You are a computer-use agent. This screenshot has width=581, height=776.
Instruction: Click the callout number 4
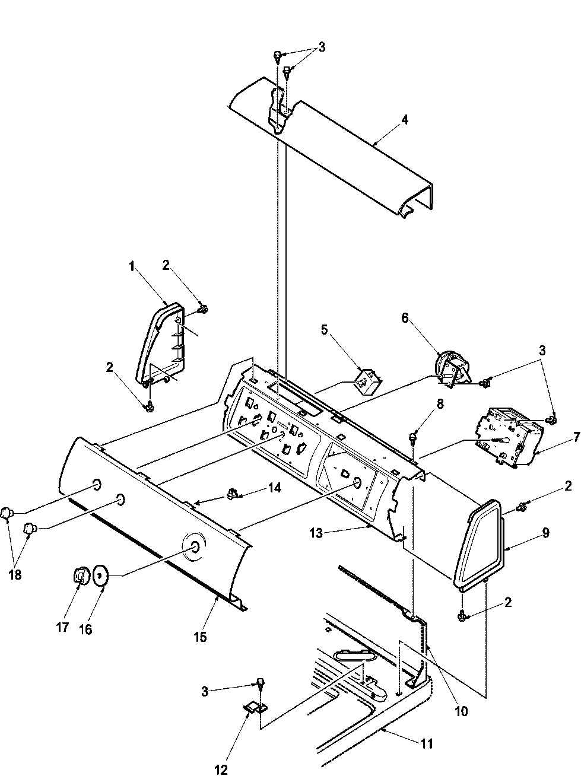[404, 119]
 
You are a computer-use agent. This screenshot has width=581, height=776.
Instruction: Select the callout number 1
[131, 268]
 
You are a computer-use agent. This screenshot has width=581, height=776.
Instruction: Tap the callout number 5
[324, 329]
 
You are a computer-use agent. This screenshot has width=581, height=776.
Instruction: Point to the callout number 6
[405, 317]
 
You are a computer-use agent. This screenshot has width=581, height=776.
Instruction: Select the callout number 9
[545, 533]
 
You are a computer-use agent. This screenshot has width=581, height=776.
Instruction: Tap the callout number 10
[461, 711]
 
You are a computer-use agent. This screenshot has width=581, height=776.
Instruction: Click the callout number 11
[427, 743]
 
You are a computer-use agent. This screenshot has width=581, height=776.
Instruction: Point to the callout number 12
[221, 770]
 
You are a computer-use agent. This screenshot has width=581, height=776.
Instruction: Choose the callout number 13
[316, 533]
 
